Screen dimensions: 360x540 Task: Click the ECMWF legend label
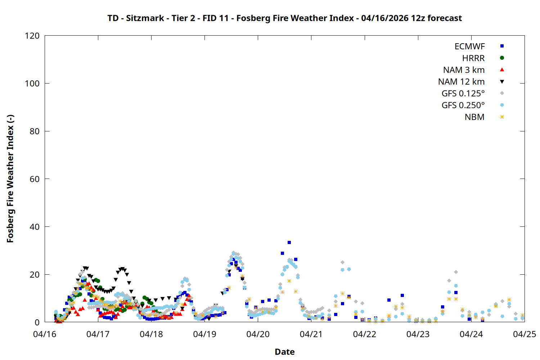[x=469, y=46]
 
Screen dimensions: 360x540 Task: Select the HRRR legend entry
[x=473, y=58]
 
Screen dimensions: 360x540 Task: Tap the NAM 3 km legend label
[x=464, y=70]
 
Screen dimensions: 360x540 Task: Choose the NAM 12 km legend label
[x=461, y=82]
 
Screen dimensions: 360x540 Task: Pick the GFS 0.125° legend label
[x=463, y=94]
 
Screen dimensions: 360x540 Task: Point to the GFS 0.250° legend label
[x=463, y=105]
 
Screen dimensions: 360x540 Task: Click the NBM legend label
[x=474, y=117]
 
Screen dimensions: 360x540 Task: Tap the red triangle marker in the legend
[x=502, y=70]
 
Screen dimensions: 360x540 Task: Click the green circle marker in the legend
[x=502, y=58]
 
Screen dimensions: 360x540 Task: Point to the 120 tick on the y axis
[x=32, y=36]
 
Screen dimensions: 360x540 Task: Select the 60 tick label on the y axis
[x=35, y=179]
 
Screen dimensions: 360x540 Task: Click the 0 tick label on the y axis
[x=37, y=322]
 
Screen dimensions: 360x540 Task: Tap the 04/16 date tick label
[x=45, y=334]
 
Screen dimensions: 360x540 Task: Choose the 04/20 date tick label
[x=258, y=334]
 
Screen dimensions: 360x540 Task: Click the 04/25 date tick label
[x=525, y=334]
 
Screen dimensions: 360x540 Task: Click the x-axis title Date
[x=284, y=352]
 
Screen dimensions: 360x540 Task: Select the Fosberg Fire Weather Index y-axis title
[x=10, y=179]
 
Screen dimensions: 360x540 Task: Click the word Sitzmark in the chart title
[x=145, y=18]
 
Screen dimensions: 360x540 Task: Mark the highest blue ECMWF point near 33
[x=289, y=243]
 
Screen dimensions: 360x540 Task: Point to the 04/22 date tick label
[x=365, y=334]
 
